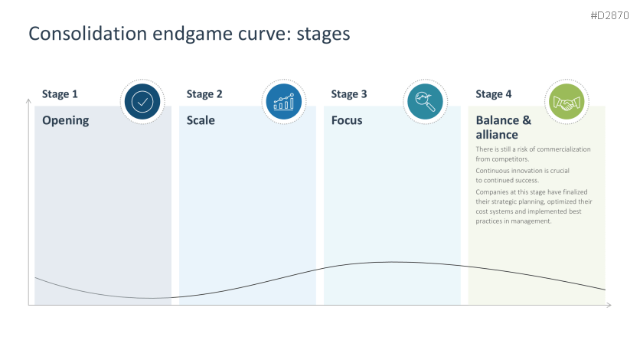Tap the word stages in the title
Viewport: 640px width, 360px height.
[x=322, y=34]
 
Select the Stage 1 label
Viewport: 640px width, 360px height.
[x=60, y=94]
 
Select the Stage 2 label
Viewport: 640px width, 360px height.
[x=204, y=94]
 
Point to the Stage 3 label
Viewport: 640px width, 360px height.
[x=349, y=94]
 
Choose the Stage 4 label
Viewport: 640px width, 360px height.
[x=494, y=94]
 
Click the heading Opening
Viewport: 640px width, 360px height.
[x=65, y=120]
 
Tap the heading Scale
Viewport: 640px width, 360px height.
[x=201, y=120]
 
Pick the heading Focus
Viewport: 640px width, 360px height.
[x=347, y=120]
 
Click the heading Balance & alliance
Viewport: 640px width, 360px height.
[x=503, y=127]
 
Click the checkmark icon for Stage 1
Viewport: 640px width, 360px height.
[x=142, y=102]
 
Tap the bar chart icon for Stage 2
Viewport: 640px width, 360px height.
[x=283, y=102]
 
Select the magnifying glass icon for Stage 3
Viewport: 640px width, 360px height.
[x=424, y=102]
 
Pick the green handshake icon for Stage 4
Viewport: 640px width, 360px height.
[x=566, y=102]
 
